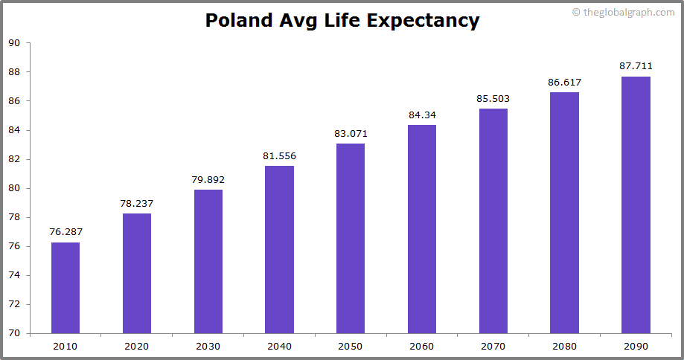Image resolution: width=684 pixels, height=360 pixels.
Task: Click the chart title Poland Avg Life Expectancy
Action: [342, 20]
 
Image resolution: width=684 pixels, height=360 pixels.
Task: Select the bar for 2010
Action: [65, 288]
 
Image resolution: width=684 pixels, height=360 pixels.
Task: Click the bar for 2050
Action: [351, 238]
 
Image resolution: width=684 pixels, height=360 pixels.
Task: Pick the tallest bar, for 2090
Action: [636, 205]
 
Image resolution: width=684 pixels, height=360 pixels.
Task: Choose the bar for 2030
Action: [208, 261]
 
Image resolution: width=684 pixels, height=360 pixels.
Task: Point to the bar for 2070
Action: [493, 221]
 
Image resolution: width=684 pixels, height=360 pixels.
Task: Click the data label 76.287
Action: [65, 232]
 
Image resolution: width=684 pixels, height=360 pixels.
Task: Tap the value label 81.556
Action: [279, 155]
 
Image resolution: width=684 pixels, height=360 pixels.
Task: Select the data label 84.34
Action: [422, 115]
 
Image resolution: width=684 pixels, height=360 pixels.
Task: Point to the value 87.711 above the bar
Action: [636, 66]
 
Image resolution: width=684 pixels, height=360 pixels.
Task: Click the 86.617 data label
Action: [564, 82]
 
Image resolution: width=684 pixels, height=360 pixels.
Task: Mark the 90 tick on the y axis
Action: [14, 43]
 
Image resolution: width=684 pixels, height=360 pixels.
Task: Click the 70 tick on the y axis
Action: [14, 333]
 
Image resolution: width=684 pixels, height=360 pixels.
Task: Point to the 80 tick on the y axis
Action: [14, 188]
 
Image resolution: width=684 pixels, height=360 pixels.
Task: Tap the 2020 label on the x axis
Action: [137, 346]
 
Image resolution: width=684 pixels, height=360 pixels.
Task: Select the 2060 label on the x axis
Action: [422, 346]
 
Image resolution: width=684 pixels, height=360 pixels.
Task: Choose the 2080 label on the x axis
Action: [564, 346]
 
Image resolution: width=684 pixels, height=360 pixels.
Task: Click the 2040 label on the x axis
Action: [279, 346]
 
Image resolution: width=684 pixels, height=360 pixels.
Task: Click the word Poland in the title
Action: [238, 20]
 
